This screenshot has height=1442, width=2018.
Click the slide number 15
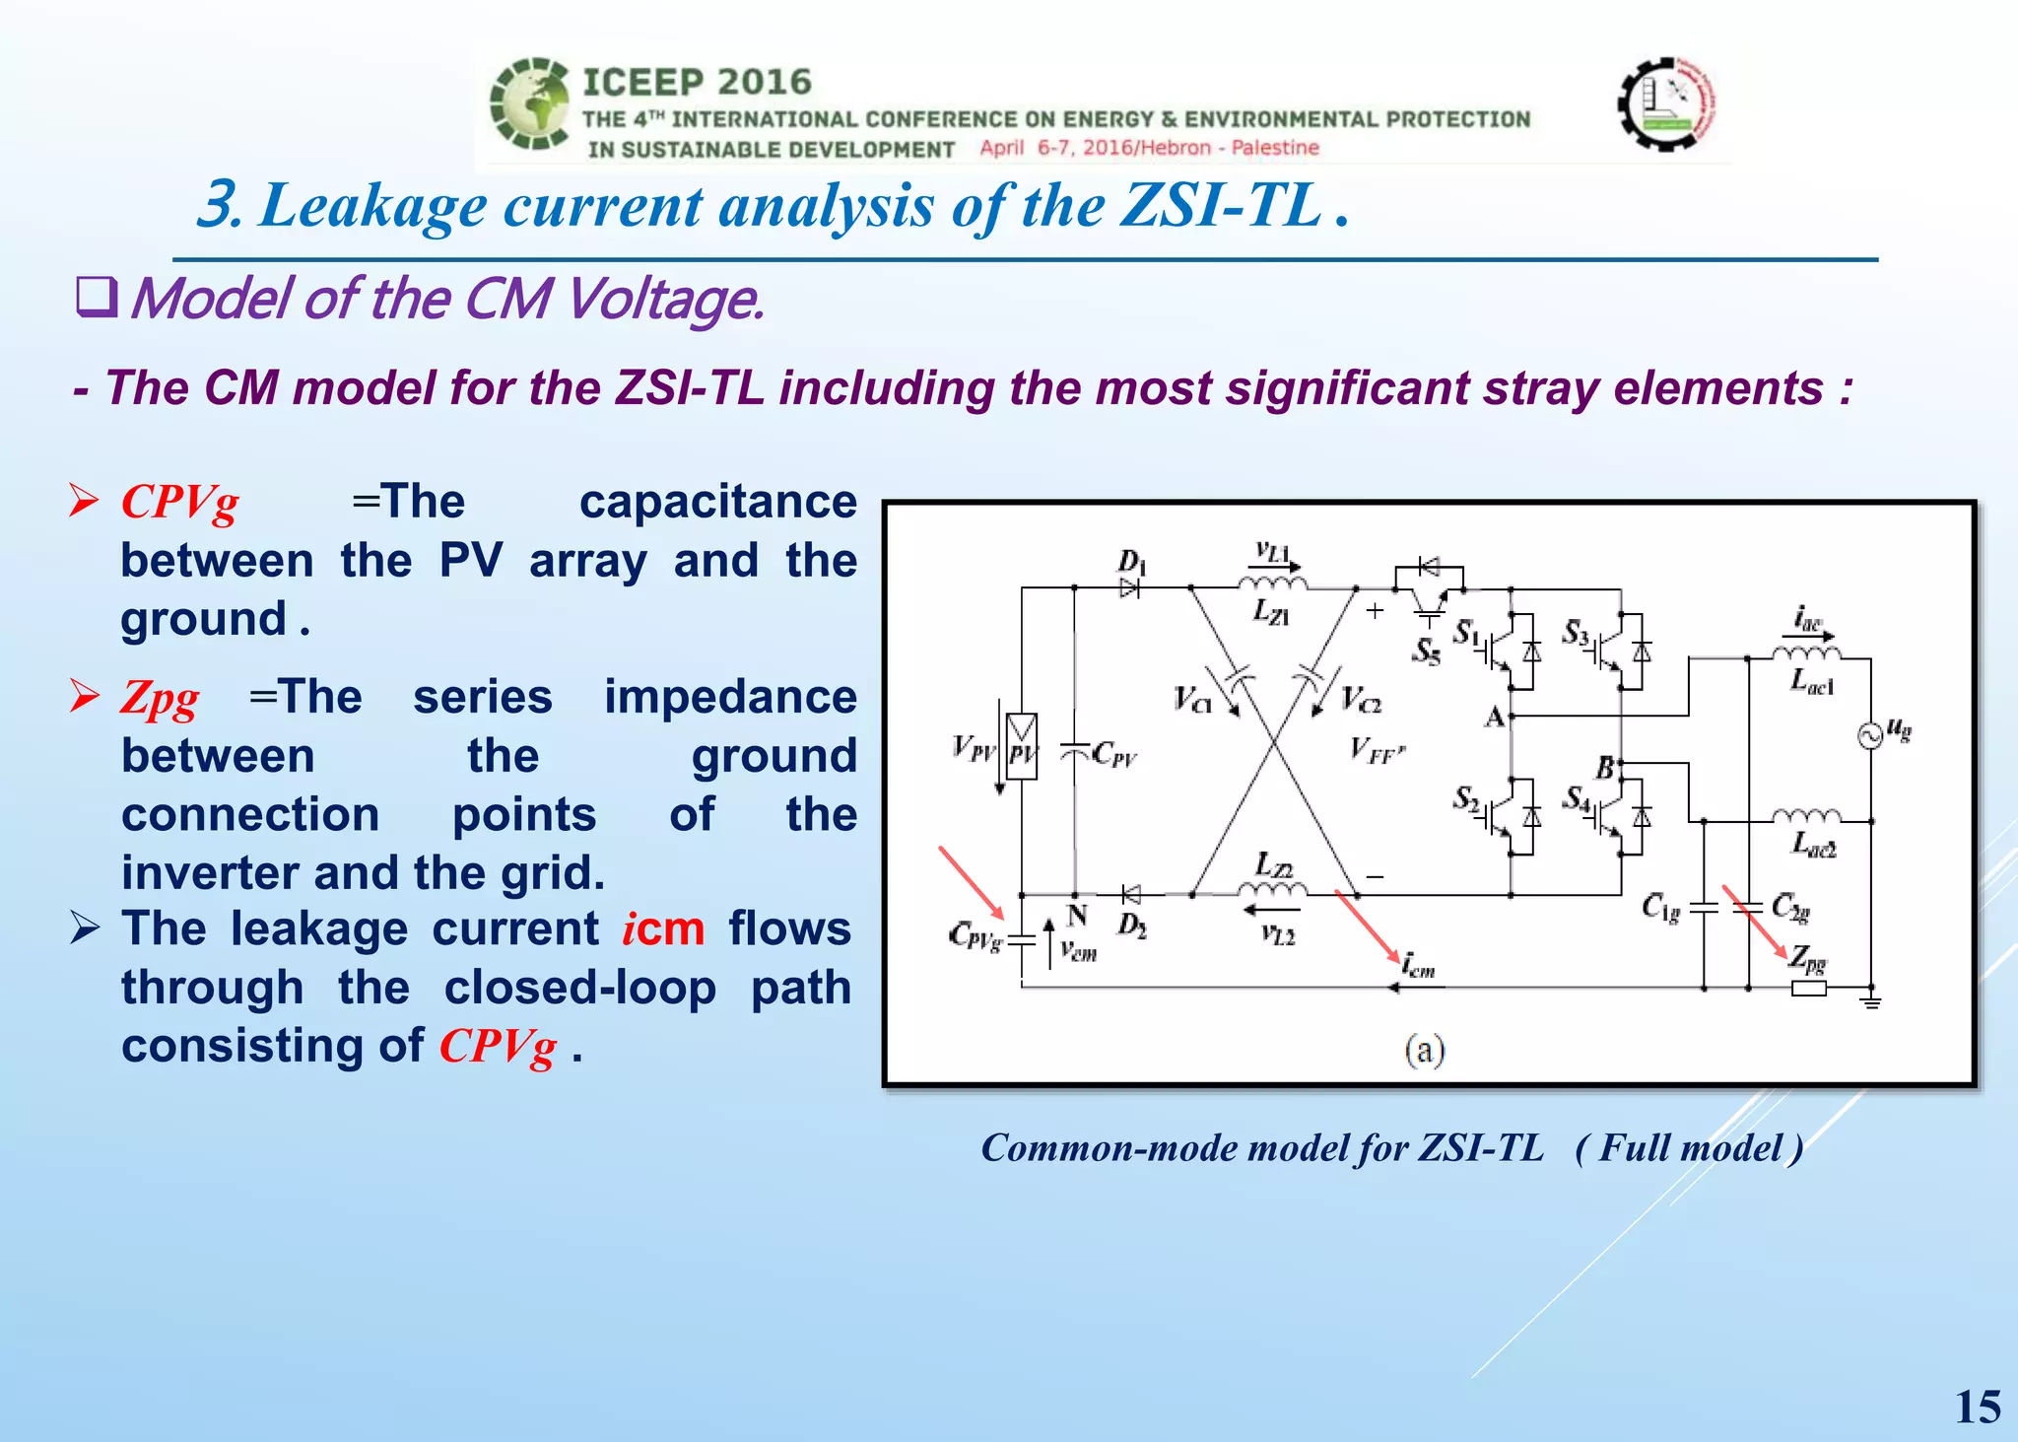click(x=1977, y=1407)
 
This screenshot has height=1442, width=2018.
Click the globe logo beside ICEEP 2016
click(x=530, y=104)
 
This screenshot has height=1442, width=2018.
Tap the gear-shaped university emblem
click(x=1666, y=103)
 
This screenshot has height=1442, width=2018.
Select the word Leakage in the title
click(x=372, y=206)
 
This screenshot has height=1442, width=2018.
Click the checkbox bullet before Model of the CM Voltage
click(x=97, y=298)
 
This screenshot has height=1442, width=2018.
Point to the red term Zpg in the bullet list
click(x=160, y=698)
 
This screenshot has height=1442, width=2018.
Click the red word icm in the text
click(x=663, y=928)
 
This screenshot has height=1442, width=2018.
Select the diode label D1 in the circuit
click(x=1131, y=563)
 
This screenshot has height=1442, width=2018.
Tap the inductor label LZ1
click(x=1271, y=612)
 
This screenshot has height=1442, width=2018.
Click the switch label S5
click(x=1426, y=651)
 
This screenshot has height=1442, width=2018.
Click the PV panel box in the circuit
click(x=1022, y=746)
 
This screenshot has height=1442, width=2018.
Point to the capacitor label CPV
click(x=1114, y=755)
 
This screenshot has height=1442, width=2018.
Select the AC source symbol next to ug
click(x=1869, y=736)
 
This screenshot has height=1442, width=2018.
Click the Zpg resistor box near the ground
click(x=1808, y=989)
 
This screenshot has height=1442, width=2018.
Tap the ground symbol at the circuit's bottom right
click(x=1871, y=1001)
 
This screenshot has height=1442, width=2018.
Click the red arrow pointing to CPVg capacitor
click(x=971, y=882)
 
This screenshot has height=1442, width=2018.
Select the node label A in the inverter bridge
click(x=1494, y=717)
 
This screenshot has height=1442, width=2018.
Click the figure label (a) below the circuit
click(x=1425, y=1050)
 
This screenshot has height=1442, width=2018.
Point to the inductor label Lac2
click(x=1813, y=844)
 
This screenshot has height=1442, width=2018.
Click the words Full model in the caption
click(x=1690, y=1148)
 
